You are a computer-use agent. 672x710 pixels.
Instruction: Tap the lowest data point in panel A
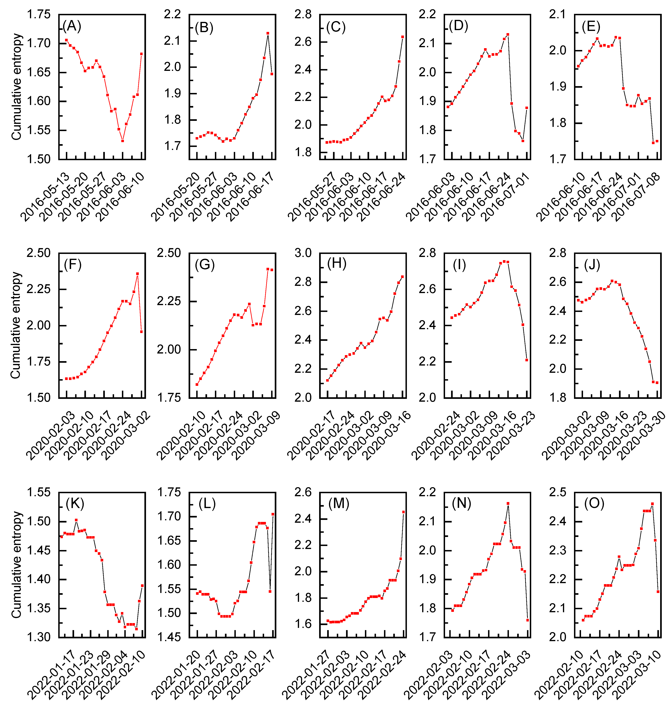click(x=123, y=141)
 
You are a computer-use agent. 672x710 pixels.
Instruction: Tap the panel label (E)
click(x=591, y=26)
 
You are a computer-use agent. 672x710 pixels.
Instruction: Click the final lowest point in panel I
click(x=527, y=360)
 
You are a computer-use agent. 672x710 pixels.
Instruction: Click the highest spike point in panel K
click(x=76, y=520)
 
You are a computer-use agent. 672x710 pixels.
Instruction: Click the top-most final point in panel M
click(x=404, y=512)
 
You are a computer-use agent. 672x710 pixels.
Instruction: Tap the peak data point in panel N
click(x=508, y=503)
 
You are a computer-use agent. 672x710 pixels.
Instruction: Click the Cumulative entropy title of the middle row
click(x=15, y=325)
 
